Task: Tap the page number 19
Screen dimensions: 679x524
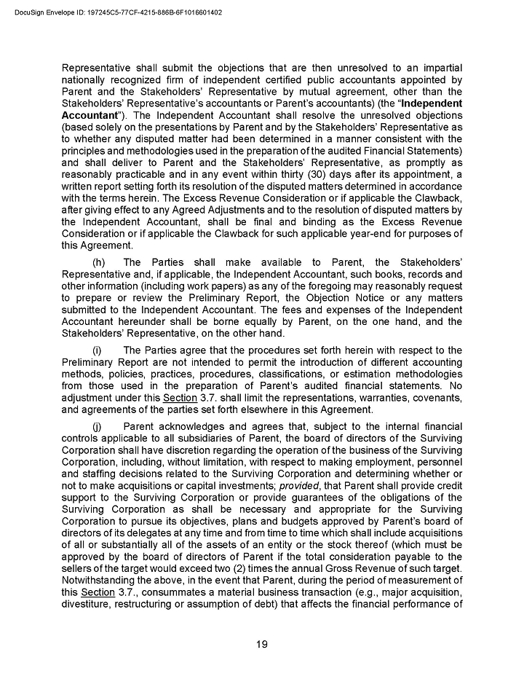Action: point(262,644)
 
